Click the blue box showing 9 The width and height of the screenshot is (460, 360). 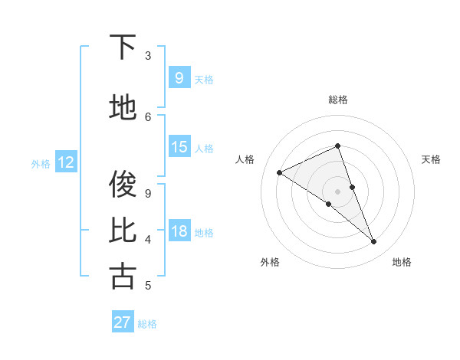[179, 77]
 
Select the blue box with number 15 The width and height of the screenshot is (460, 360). [179, 147]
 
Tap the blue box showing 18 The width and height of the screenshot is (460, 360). [179, 231]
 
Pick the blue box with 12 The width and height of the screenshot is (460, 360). [66, 162]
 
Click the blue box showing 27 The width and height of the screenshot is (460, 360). [123, 322]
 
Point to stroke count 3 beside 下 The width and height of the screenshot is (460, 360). [148, 56]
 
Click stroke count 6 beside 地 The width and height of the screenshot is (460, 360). [148, 116]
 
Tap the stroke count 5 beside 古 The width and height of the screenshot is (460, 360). [148, 286]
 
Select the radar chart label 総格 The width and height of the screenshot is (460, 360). [338, 100]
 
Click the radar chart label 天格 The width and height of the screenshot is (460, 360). [431, 159]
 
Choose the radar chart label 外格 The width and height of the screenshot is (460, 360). [270, 262]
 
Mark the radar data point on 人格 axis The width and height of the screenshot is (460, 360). [279, 172]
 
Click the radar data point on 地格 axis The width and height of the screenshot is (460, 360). [374, 242]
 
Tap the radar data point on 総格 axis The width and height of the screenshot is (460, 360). [338, 146]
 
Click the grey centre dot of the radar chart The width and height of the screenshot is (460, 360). [338, 191]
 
